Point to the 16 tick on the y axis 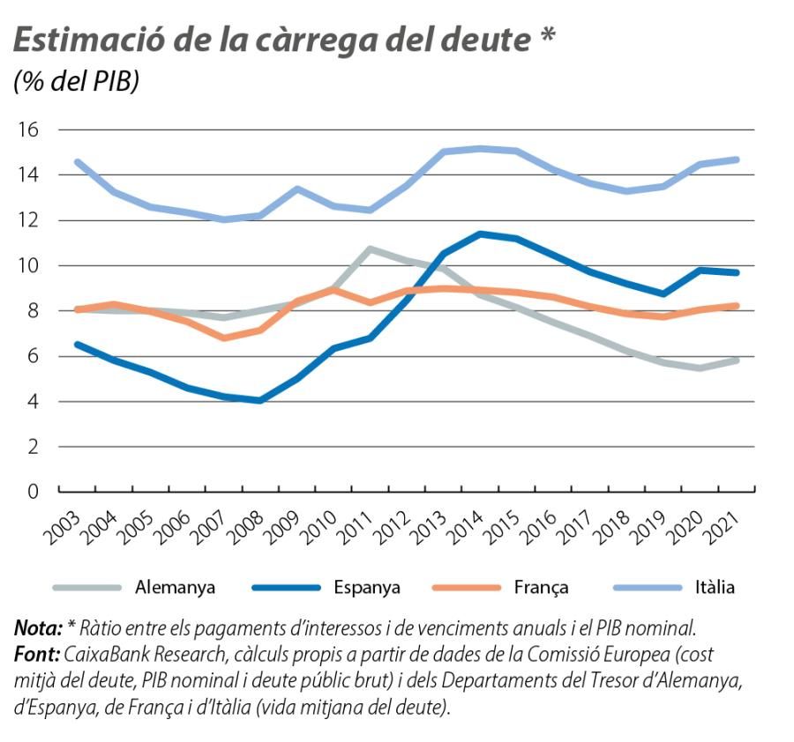point(29,130)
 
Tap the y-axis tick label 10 point(29,265)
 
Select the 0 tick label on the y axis point(34,492)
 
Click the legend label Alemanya point(175,587)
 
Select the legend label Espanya point(367,587)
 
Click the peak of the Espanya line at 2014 point(479,234)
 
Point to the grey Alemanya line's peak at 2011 point(371,249)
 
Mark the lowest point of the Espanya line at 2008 point(260,400)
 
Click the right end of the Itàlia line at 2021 point(737,160)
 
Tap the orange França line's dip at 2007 point(224,338)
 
